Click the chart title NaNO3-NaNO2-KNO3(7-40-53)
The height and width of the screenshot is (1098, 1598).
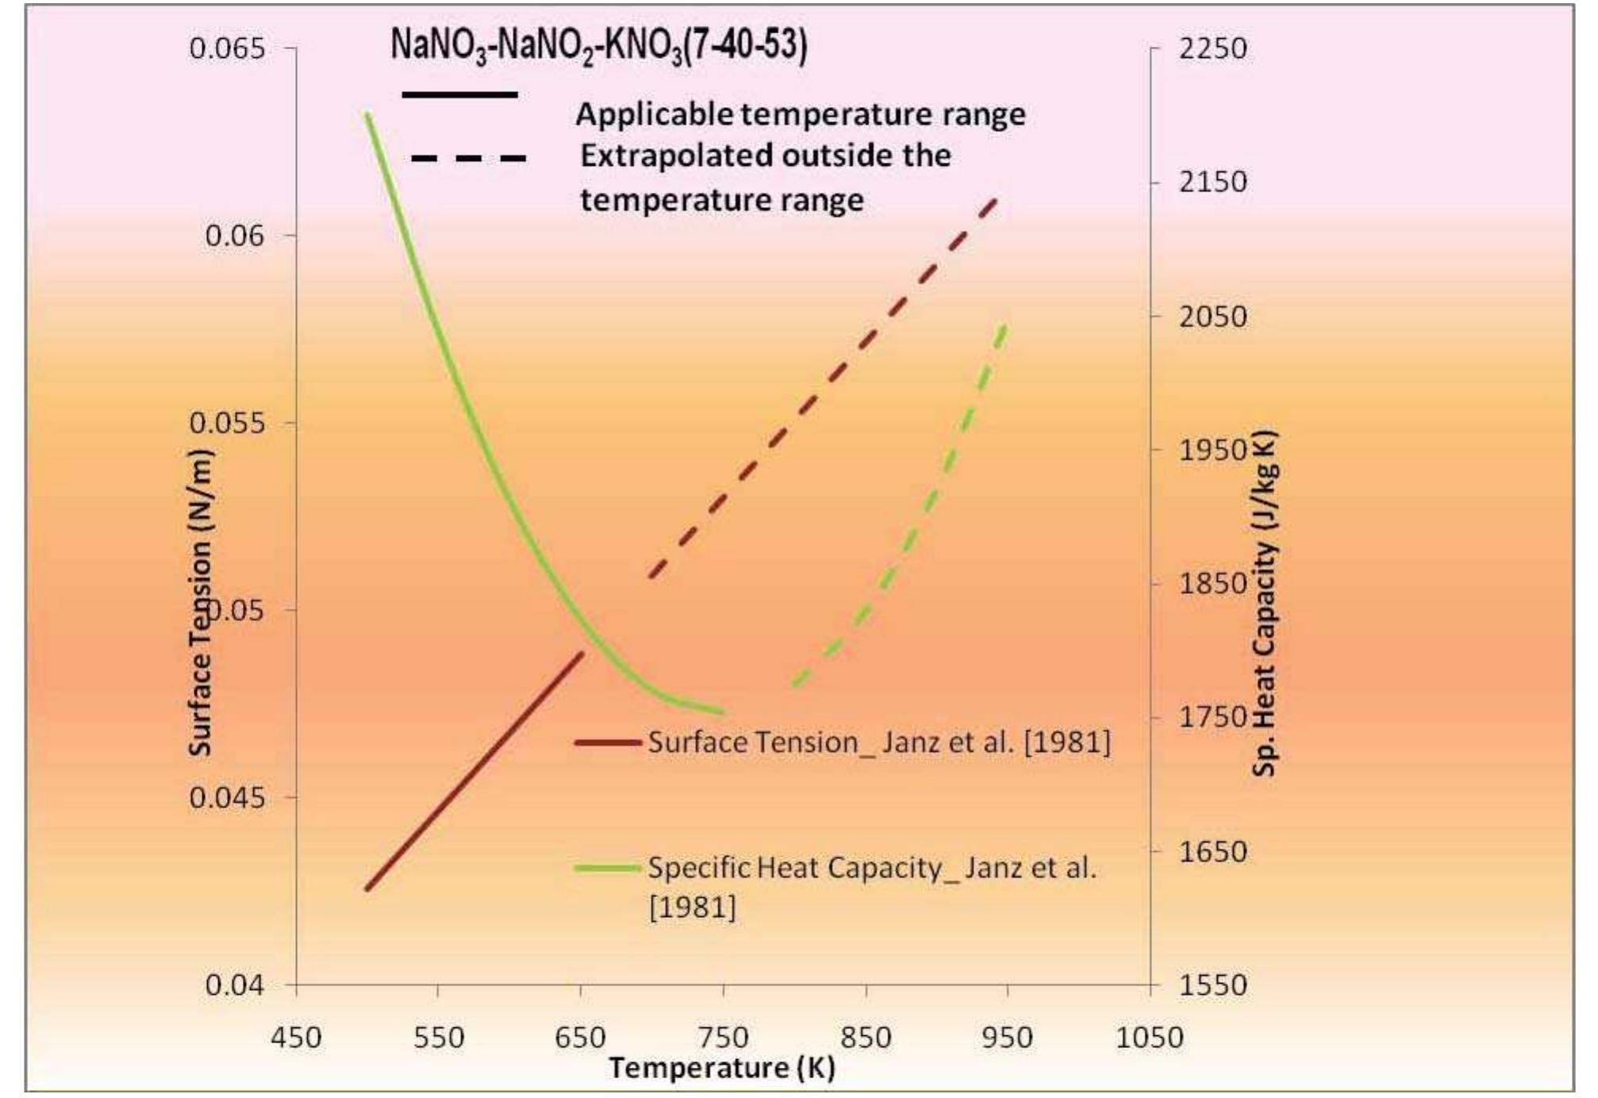tap(599, 46)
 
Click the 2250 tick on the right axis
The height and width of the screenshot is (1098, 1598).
tap(1212, 48)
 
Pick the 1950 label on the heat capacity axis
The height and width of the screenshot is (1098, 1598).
tap(1212, 450)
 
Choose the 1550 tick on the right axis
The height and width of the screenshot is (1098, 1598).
tap(1212, 985)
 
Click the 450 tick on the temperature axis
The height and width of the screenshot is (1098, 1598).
tap(297, 1037)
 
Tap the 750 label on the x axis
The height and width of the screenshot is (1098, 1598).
tap(723, 1037)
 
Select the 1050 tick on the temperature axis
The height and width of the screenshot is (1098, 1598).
tap(1150, 1037)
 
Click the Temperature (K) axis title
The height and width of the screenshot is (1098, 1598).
tap(722, 1067)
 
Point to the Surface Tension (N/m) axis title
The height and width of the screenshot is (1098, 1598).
tap(201, 603)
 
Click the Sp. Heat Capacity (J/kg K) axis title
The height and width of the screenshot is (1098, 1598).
tap(1263, 603)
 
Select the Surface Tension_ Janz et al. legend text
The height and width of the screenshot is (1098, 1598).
tap(879, 743)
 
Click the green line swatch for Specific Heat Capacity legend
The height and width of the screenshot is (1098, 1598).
tap(608, 868)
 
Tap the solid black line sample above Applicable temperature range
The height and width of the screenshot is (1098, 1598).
tap(460, 95)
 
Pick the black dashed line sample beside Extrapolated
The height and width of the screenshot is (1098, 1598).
tap(468, 159)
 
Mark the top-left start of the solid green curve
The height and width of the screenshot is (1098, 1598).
tap(367, 115)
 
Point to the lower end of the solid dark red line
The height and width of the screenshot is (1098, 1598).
tap(367, 889)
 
